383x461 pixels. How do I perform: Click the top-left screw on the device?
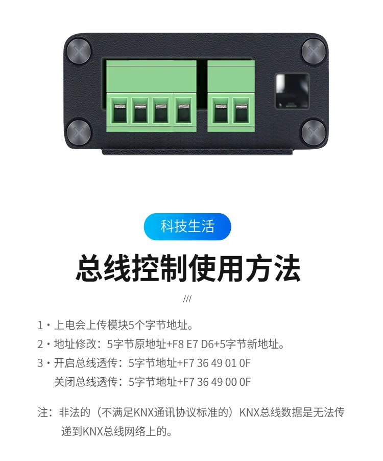pyautogui.click(x=79, y=51)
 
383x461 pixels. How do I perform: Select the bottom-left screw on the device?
pyautogui.click(x=79, y=132)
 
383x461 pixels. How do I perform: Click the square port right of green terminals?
pyautogui.click(x=292, y=91)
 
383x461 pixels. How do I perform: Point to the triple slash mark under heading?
pyautogui.click(x=187, y=299)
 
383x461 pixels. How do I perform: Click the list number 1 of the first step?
pyautogui.click(x=40, y=325)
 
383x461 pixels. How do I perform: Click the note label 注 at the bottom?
pyautogui.click(x=43, y=412)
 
